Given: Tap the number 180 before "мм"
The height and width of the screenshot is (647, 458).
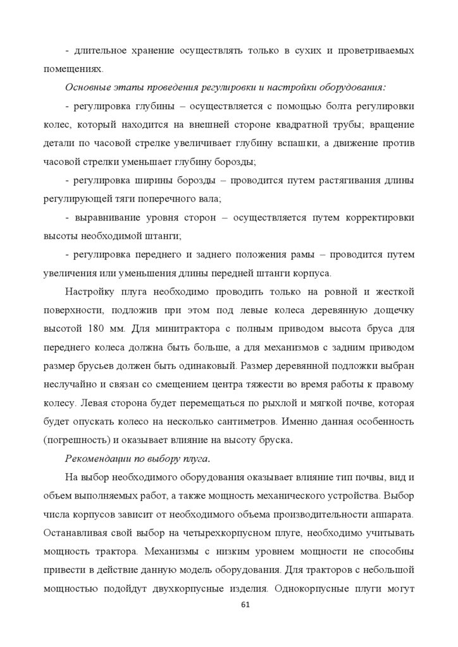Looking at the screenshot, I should click(x=92, y=329).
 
